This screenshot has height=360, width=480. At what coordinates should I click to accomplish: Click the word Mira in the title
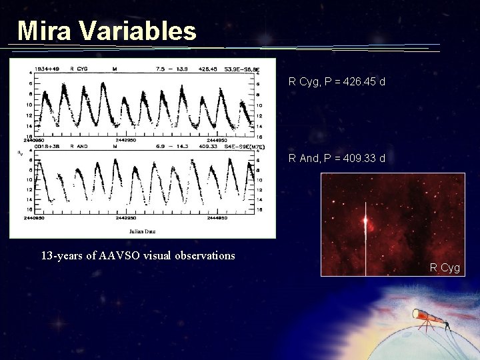pos(42,31)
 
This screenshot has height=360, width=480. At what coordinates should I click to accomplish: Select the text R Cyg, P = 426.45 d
pos(337,82)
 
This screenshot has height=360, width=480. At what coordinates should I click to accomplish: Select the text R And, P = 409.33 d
pos(337,159)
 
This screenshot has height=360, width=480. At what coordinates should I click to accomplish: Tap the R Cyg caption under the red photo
pos(445,268)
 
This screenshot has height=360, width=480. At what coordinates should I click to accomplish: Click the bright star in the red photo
pos(365,221)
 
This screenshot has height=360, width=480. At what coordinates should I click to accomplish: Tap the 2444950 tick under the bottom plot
pos(217,217)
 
